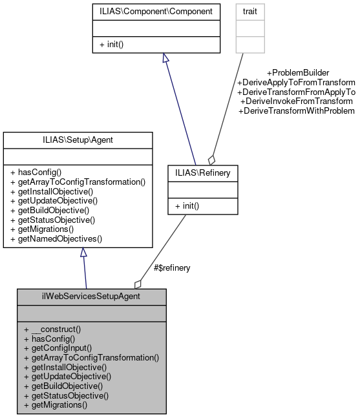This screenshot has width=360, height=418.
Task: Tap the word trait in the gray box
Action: pos(250,11)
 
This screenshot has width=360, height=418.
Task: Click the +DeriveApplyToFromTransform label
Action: pos(296,83)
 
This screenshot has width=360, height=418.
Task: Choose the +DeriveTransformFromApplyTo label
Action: pos(296,92)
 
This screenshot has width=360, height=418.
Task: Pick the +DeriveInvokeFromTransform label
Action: pos(296,101)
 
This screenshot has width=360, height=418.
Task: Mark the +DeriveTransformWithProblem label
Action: pos(296,111)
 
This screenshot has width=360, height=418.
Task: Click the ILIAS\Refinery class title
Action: pos(203,172)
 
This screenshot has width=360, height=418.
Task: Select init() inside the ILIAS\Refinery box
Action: pos(188,206)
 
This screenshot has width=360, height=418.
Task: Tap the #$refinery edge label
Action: pos(171,267)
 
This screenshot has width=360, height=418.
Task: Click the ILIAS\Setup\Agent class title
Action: pos(78,140)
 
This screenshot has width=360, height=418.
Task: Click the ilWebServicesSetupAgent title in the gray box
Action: pos(91,297)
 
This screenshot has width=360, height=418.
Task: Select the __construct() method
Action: pos(52,329)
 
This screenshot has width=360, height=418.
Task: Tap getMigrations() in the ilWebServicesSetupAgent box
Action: pos(55,404)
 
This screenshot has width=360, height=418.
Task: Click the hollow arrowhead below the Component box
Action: pos(165,58)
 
